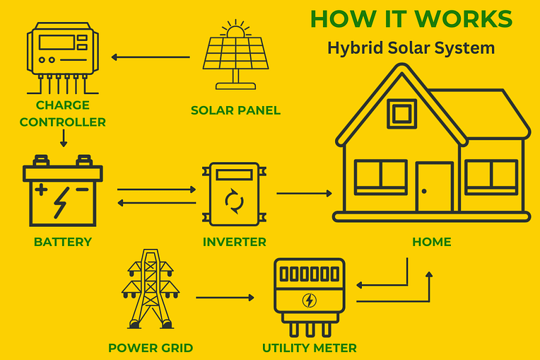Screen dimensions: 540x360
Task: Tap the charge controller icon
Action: (x=63, y=58)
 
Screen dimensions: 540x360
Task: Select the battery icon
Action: (x=63, y=190)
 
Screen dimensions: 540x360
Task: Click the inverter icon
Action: (x=235, y=194)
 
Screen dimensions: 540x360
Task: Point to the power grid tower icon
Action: (x=151, y=289)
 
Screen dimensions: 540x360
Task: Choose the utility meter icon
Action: (x=310, y=297)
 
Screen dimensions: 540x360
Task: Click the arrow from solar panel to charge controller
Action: (x=151, y=57)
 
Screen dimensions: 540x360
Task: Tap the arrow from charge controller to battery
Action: (x=64, y=138)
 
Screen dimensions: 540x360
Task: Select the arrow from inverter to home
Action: (x=304, y=193)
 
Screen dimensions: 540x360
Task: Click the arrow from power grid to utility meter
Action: (x=225, y=297)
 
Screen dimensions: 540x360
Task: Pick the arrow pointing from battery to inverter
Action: (x=157, y=189)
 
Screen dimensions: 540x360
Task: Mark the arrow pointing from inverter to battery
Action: (x=157, y=203)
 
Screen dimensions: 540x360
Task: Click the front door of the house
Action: (x=434, y=187)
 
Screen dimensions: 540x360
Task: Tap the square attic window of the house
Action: (x=401, y=114)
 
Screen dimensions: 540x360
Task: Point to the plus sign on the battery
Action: (x=41, y=190)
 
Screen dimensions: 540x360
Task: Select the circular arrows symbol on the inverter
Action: (x=234, y=201)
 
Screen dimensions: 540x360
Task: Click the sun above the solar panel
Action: (x=235, y=28)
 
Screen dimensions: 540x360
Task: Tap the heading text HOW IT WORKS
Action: (x=411, y=18)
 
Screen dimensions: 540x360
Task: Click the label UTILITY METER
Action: (x=310, y=348)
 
